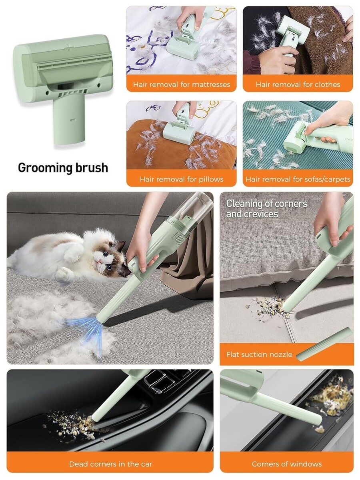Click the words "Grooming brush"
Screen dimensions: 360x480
63,168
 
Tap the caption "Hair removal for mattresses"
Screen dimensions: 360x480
182,84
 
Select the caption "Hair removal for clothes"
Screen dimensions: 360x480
298,84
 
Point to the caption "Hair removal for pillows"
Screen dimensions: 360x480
182,179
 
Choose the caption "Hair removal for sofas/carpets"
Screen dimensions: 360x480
298,179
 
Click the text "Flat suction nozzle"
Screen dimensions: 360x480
259,354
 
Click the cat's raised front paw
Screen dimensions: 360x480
62,274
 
